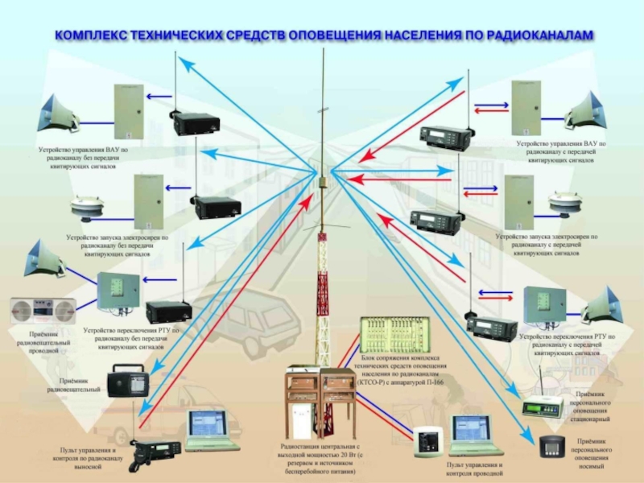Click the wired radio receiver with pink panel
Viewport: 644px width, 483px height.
[42, 310]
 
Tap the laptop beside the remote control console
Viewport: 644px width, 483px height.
[212, 431]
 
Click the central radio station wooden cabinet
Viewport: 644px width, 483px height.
[321, 402]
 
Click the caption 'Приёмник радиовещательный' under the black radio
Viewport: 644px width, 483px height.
[79, 384]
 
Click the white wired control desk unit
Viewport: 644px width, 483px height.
[427, 442]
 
